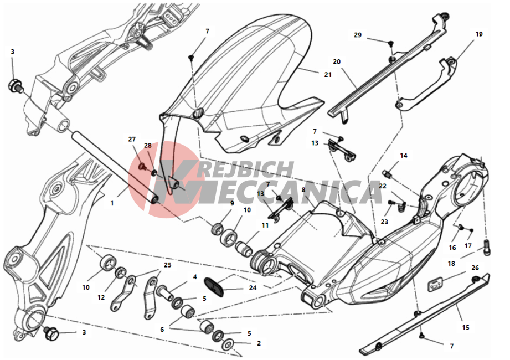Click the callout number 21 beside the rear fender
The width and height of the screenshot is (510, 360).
pyautogui.click(x=328, y=75)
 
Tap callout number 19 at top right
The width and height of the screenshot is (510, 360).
pyautogui.click(x=479, y=34)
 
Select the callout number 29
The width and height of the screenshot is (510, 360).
pyautogui.click(x=358, y=35)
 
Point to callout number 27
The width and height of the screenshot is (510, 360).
pyautogui.click(x=132, y=140)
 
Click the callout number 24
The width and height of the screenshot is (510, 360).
pyautogui.click(x=253, y=288)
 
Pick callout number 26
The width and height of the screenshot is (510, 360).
pyautogui.click(x=475, y=268)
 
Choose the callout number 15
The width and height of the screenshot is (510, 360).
pyautogui.click(x=466, y=327)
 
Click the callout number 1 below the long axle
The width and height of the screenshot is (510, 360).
pyautogui.click(x=112, y=203)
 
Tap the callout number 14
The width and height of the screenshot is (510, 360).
pyautogui.click(x=404, y=156)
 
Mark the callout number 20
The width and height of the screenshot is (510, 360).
pyautogui.click(x=337, y=62)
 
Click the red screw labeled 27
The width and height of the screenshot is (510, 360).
pyautogui.click(x=142, y=167)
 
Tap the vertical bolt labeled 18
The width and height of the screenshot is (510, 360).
pyautogui.click(x=487, y=247)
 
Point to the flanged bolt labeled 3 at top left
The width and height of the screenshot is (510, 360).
pyautogui.click(x=16, y=85)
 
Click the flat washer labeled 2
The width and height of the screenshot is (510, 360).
pyautogui.click(x=229, y=344)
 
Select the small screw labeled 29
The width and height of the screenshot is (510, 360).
pyautogui.click(x=390, y=43)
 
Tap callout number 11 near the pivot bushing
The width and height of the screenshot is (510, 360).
pyautogui.click(x=265, y=225)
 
